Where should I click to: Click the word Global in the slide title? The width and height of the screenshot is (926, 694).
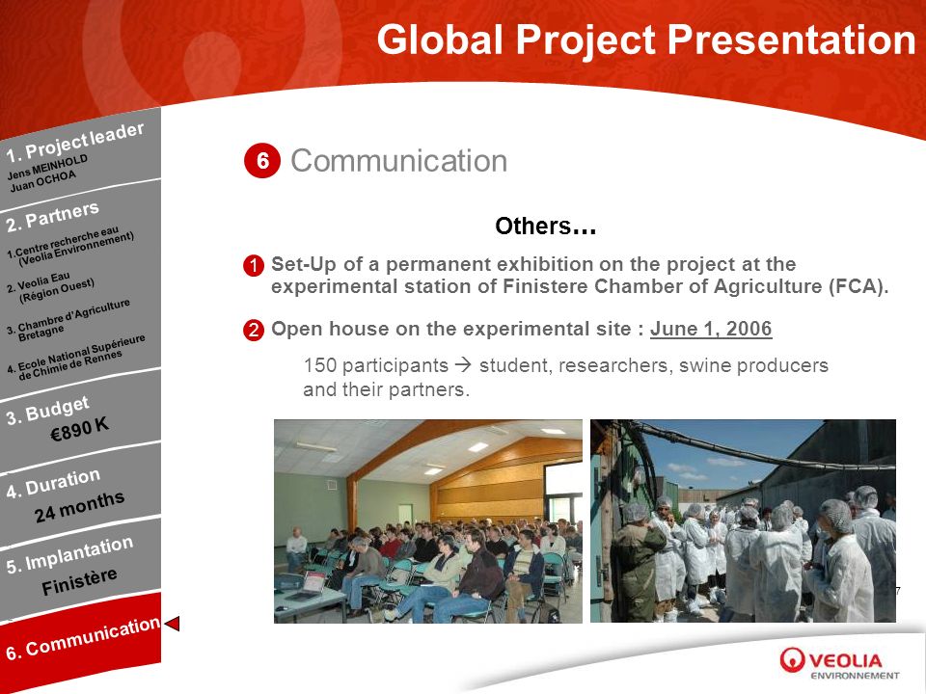point(441,40)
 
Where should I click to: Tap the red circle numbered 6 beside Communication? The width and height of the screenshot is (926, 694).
point(262,161)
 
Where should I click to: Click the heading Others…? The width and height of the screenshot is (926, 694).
point(545,226)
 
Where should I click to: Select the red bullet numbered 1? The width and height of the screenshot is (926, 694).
point(254,265)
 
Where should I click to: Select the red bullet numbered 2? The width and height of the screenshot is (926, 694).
point(254,330)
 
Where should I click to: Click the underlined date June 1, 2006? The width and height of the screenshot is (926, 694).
point(711,329)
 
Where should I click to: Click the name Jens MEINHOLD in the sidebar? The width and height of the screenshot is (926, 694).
point(47,167)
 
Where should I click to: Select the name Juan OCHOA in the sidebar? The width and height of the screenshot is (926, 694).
point(42,181)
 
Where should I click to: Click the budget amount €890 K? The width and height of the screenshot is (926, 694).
point(80,429)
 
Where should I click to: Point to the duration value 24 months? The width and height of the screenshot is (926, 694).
point(79,506)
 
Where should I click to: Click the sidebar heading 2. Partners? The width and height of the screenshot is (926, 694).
point(52,216)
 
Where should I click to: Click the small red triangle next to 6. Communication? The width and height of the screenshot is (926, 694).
point(172,624)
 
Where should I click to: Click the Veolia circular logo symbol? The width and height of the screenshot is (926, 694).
point(792,659)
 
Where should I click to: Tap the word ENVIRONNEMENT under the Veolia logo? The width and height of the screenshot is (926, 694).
point(855,676)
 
